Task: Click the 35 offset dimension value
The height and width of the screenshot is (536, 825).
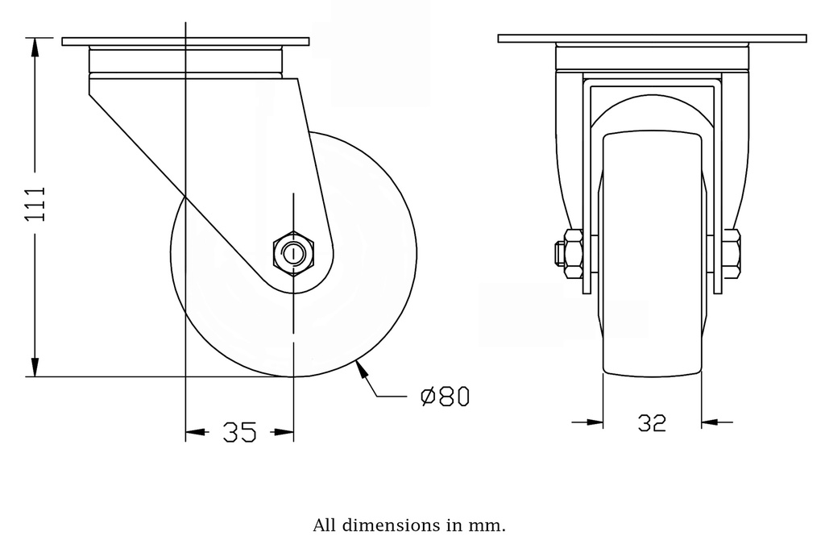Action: point(239,433)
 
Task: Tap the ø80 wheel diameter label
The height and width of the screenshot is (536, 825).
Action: point(445,397)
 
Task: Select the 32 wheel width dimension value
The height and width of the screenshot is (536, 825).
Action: point(652,422)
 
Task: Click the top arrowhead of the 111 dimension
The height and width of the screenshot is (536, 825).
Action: point(35,47)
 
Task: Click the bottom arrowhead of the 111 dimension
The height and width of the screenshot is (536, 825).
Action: point(35,367)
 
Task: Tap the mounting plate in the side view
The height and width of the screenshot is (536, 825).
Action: point(185,41)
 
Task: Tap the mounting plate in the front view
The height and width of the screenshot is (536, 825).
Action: point(652,38)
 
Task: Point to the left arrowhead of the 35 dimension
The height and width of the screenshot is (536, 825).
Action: point(196,433)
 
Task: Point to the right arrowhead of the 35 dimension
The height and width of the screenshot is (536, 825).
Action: point(283,433)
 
